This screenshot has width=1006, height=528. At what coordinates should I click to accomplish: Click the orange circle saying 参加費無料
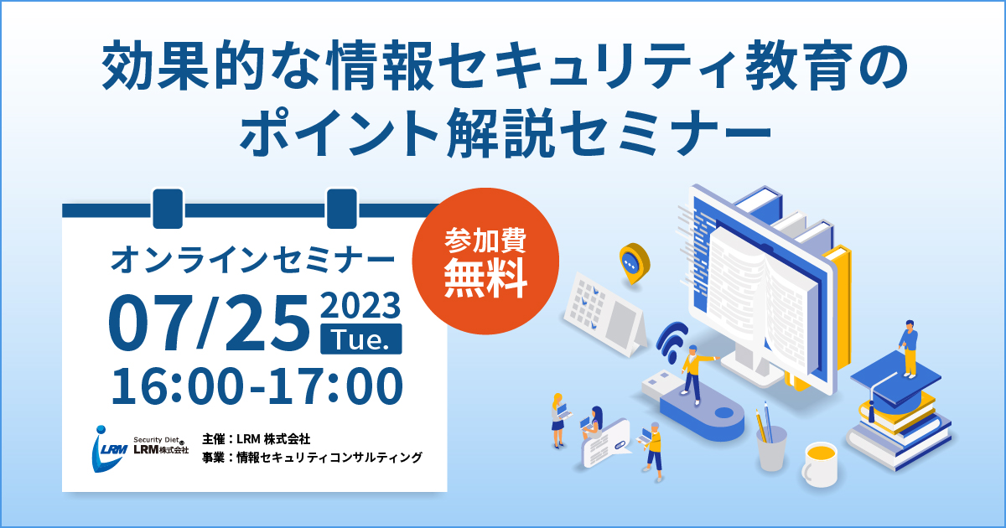[x=485, y=261]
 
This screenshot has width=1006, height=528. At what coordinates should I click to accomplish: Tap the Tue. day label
[x=361, y=339]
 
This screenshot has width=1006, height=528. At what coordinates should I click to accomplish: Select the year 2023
[x=360, y=305]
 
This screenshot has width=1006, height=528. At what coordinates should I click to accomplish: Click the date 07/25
[x=209, y=323]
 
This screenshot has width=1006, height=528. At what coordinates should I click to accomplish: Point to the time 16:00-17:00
[x=257, y=386]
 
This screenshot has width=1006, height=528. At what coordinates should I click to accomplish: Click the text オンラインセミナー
[x=253, y=260]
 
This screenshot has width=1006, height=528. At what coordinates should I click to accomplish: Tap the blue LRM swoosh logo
[x=108, y=448]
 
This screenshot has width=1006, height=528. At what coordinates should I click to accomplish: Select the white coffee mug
[x=820, y=464]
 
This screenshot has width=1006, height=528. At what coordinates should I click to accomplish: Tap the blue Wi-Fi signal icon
[x=672, y=341]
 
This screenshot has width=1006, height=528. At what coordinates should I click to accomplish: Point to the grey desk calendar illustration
[x=605, y=314]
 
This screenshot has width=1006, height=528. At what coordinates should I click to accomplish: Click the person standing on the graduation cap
[x=909, y=349]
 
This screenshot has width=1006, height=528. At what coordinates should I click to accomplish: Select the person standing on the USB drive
[x=695, y=375]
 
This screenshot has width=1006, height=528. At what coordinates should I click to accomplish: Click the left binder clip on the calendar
[x=168, y=209]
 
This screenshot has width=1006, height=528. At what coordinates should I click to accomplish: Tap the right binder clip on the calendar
[x=342, y=209]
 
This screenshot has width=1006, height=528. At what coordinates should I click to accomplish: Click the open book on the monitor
[x=759, y=298]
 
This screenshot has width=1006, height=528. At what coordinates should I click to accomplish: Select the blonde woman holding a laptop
[x=558, y=420]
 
